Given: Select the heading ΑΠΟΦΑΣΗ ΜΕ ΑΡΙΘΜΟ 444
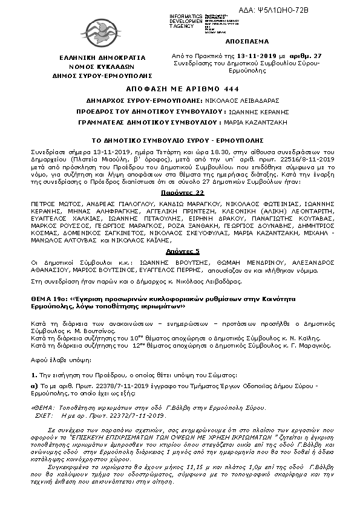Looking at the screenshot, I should [x=179, y=87].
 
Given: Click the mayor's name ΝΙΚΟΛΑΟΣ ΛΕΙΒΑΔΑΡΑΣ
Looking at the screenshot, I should [x=231, y=99].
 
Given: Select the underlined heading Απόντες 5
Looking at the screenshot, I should [x=179, y=249].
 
